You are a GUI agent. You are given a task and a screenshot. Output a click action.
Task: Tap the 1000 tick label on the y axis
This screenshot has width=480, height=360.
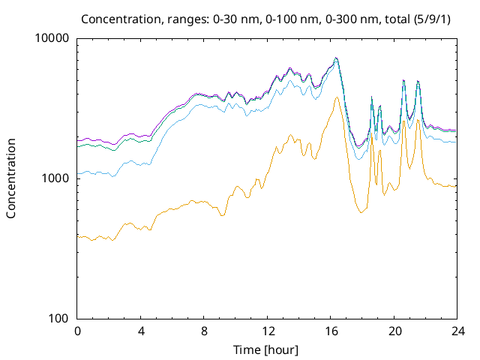click(57, 178)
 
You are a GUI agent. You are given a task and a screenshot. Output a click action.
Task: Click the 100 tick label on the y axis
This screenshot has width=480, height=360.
click(60, 318)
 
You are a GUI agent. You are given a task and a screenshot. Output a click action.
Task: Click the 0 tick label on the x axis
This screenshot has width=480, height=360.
click(77, 331)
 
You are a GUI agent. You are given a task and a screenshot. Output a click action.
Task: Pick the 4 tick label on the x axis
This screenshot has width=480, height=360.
click(140, 331)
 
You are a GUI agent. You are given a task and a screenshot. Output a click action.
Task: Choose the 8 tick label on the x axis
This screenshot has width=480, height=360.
click(203, 331)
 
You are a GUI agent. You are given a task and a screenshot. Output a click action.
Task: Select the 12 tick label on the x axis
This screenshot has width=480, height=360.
click(267, 331)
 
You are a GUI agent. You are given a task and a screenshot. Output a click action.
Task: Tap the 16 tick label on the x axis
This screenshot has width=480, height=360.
click(330, 331)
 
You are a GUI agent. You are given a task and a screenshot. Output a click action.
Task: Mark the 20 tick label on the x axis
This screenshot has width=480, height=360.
click(393, 331)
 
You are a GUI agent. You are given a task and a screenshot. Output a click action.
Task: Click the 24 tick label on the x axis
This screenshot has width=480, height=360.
click(456, 331)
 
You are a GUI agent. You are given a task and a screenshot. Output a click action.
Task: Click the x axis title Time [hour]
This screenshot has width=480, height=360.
click(267, 349)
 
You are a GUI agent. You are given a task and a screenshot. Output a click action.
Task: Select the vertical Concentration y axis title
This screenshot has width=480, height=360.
click(11, 178)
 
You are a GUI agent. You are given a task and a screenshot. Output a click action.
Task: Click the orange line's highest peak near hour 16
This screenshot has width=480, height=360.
click(337, 97)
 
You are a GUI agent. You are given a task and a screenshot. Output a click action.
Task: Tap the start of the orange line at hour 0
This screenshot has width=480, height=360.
click(78, 236)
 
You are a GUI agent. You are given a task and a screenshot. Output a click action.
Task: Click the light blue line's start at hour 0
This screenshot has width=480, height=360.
click(78, 173)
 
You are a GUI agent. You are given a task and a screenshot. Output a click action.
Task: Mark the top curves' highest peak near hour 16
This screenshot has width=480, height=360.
click(336, 58)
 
